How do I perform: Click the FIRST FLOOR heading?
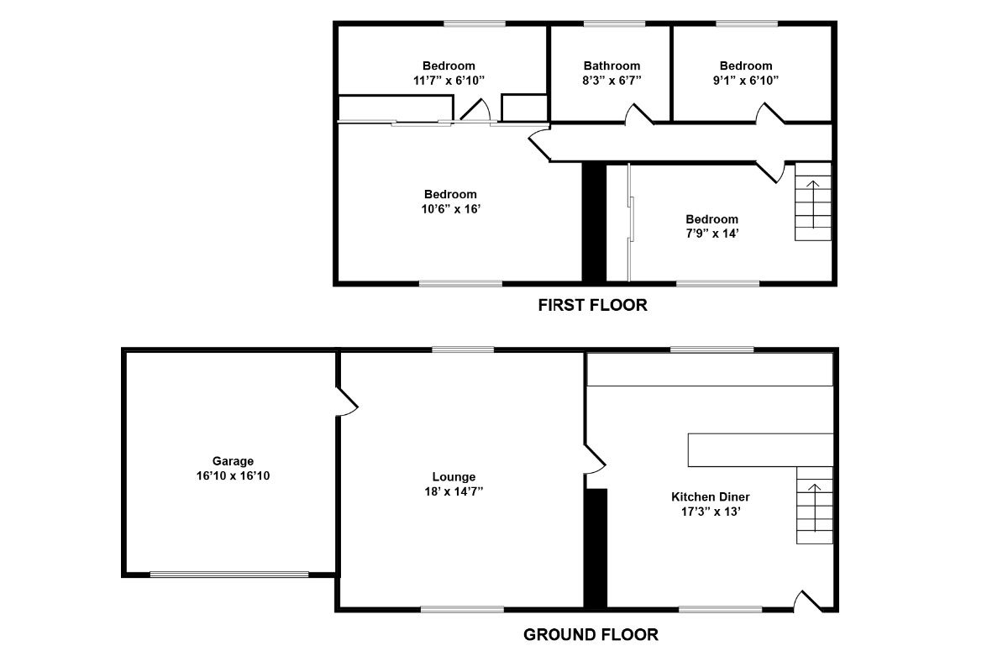592,305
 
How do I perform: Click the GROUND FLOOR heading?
591,634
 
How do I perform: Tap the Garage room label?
233,461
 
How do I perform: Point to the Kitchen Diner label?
711,496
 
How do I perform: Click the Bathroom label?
612,66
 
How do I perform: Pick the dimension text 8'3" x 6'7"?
612,81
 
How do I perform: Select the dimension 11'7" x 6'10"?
448,81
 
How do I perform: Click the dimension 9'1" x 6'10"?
745,81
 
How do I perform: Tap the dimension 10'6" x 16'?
449,209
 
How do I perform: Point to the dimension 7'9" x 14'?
711,234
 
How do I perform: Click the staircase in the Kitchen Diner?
814,505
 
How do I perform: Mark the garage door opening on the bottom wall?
229,575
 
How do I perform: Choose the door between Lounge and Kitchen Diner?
594,458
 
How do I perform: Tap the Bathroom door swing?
638,115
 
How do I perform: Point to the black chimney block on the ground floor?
596,547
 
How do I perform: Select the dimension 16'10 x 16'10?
233,475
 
